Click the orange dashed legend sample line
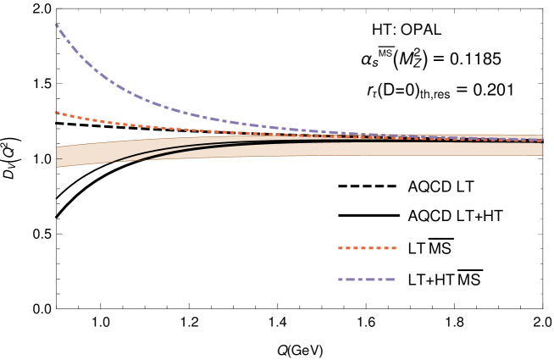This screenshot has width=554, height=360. (x=367, y=248)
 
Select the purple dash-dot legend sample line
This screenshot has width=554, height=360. (x=366, y=280)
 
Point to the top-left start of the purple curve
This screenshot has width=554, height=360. (x=57, y=25)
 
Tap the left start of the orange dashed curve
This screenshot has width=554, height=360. (x=57, y=112)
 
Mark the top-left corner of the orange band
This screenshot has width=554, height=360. (x=58, y=147)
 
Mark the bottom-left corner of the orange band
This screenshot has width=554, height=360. (x=58, y=167)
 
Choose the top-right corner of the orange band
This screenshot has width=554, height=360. (x=541, y=136)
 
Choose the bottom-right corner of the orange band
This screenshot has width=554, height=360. (x=541, y=155)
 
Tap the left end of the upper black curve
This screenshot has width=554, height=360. (x=109, y=161)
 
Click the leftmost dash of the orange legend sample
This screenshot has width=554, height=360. (x=341, y=248)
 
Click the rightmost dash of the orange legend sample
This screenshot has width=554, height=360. (x=393, y=248)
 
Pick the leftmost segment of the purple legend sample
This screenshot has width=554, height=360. (x=342, y=280)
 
